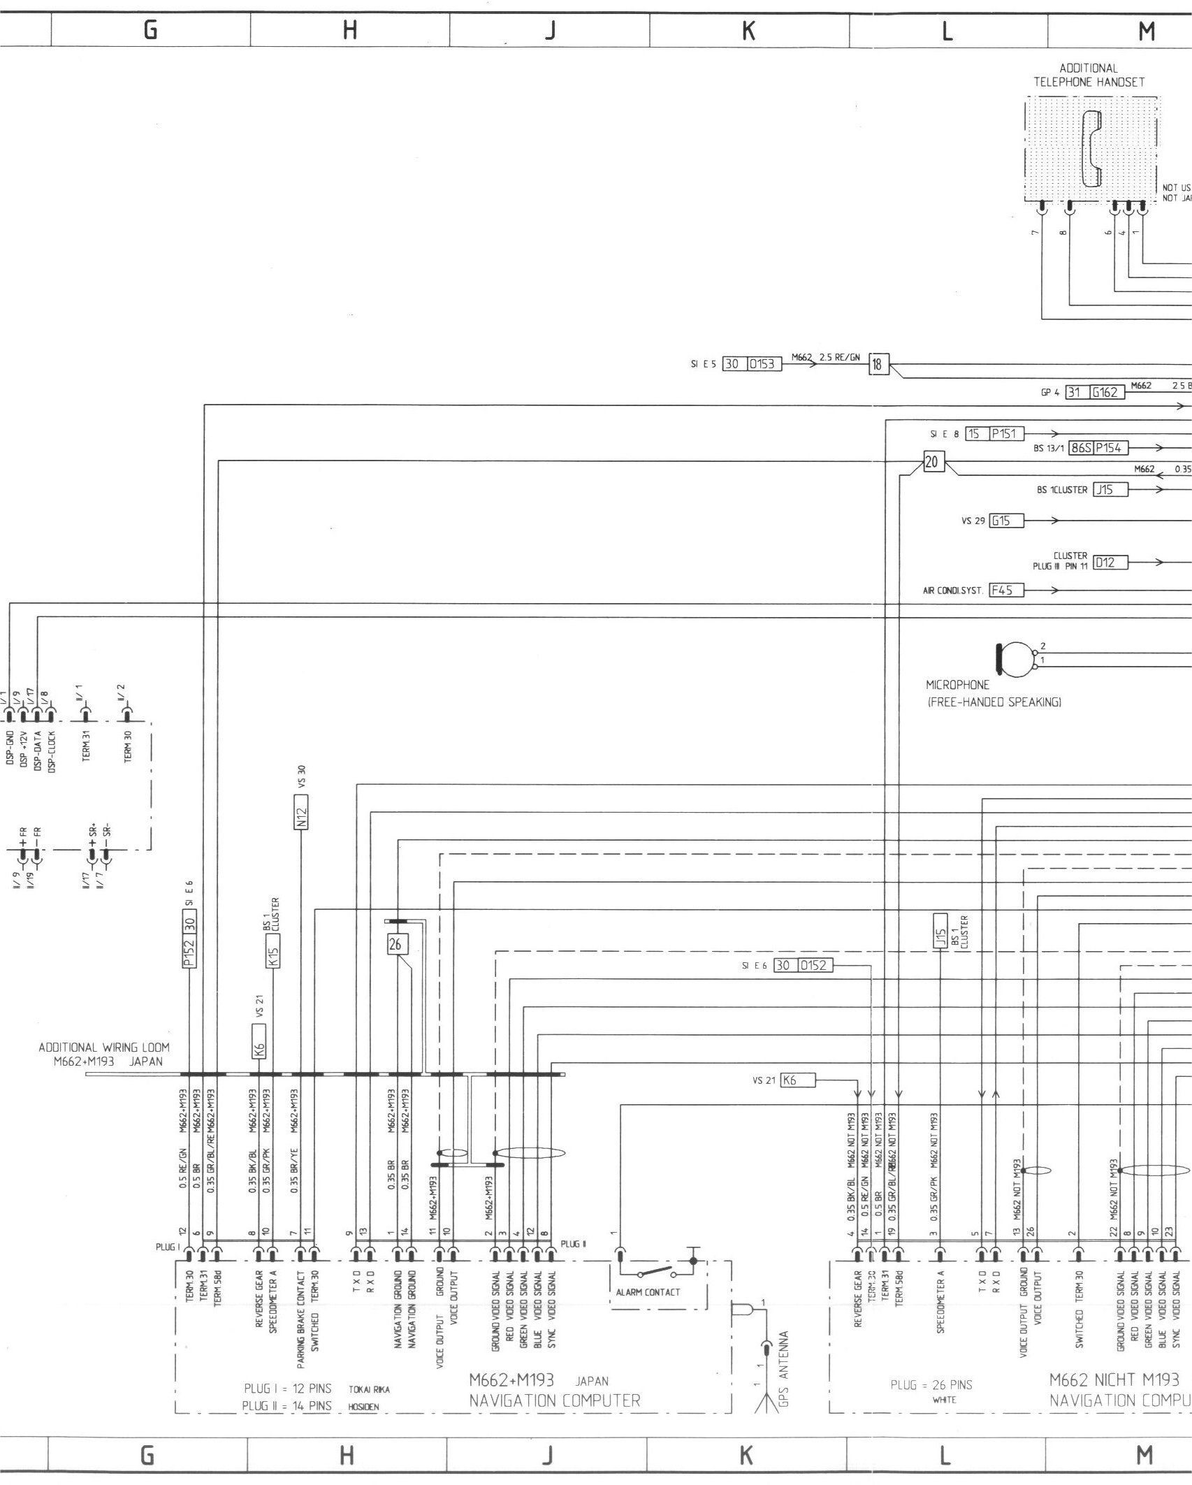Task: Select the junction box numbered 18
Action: click(877, 365)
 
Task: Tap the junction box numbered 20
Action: click(933, 463)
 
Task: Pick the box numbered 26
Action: click(395, 944)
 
